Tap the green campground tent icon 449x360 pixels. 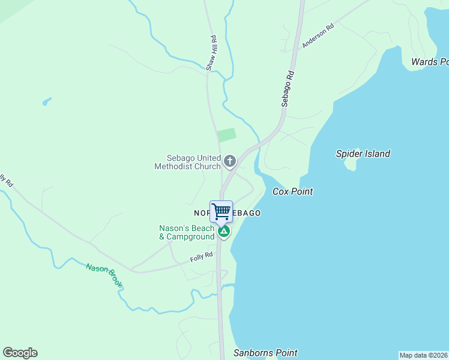(224, 231)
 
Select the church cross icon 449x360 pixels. (229, 161)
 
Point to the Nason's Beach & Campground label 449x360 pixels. (187, 232)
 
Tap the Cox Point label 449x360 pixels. (293, 191)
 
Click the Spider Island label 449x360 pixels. (363, 154)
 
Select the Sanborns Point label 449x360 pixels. (265, 353)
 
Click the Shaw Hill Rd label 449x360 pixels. (211, 53)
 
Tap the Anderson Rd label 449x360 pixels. (318, 36)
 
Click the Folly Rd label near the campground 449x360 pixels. (202, 257)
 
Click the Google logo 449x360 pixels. (20, 353)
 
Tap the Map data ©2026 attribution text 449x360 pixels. (423, 355)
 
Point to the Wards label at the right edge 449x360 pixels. (429, 62)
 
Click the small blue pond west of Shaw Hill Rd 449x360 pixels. (46, 101)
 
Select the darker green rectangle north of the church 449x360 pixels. (226, 135)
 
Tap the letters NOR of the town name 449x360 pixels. (202, 213)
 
